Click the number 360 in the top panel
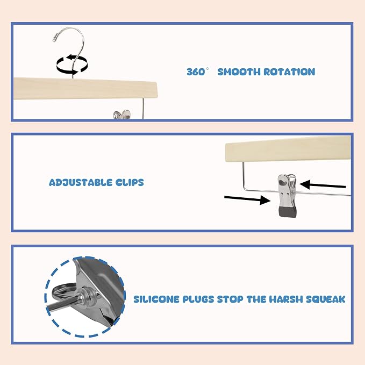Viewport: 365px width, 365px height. coord(196,71)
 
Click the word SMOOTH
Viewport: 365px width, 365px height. coord(239,71)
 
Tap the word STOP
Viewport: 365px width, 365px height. coord(230,299)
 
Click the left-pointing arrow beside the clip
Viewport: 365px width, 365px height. coord(323,185)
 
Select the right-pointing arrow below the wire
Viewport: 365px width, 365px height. coord(247,199)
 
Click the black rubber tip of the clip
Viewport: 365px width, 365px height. coord(288,212)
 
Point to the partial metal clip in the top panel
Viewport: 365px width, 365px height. coord(121,115)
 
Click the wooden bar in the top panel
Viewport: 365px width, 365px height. coord(85,89)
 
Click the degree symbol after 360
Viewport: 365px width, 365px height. coord(207,69)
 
